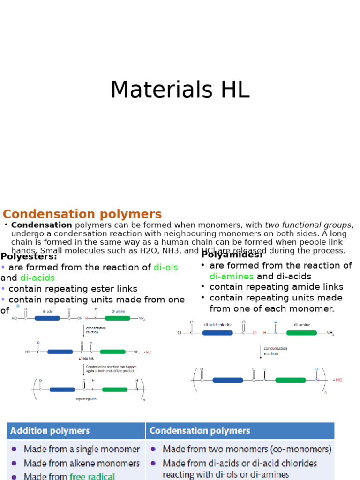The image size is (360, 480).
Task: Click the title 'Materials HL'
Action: point(180,90)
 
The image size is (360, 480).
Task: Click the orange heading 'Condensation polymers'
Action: point(82,214)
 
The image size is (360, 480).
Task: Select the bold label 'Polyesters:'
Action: point(29,256)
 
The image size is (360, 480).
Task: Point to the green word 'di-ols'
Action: point(166,267)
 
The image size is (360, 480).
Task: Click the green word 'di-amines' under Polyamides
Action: point(232,276)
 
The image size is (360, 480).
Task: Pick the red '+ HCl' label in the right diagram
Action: point(337,380)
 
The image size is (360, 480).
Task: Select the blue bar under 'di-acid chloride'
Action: point(217,333)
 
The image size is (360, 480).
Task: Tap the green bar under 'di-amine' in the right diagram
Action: point(301,333)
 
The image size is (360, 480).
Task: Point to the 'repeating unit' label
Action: point(86,399)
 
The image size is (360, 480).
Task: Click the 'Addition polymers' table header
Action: point(50,430)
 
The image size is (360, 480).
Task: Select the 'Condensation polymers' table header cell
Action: point(200,430)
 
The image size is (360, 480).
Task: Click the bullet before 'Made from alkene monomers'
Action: point(14,463)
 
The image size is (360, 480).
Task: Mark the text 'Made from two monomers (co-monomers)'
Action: point(247,449)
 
